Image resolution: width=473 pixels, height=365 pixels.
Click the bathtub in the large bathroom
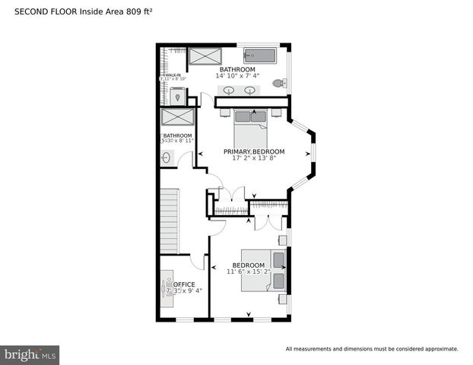click(260, 56)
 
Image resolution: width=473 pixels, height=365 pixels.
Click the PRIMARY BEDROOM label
click(254, 151)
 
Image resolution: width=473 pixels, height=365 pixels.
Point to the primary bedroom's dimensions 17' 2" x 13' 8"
click(254, 158)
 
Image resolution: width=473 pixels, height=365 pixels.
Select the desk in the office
click(168, 290)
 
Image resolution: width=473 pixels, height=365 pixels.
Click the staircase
click(169, 221)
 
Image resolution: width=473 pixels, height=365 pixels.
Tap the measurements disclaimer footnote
click(371, 349)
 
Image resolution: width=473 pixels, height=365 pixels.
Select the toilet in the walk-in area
click(176, 95)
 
